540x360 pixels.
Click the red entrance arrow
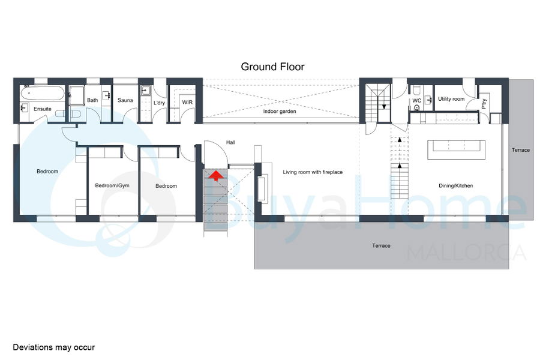tap(216, 175)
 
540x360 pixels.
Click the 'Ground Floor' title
tap(273, 67)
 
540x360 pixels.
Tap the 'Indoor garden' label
tap(280, 111)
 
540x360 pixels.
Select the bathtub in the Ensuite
tap(43, 92)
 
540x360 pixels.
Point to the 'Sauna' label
tap(125, 100)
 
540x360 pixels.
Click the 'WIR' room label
tap(187, 103)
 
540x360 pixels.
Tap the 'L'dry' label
tap(159, 103)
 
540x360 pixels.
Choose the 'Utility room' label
tap(451, 99)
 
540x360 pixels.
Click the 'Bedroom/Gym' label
tap(112, 185)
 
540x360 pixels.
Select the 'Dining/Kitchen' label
tap(455, 185)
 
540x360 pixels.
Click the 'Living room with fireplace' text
tap(313, 172)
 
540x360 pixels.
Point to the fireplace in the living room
tap(263, 188)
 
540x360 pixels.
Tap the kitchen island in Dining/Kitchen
tap(457, 149)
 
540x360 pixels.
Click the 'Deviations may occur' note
tap(54, 347)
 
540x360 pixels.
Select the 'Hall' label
tap(231, 142)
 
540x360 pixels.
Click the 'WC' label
tap(417, 101)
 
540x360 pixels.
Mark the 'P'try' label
tap(484, 104)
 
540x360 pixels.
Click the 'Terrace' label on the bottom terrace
tap(381, 245)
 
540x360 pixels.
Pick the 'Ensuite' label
tap(43, 109)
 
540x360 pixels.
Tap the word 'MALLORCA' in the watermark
tap(467, 253)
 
